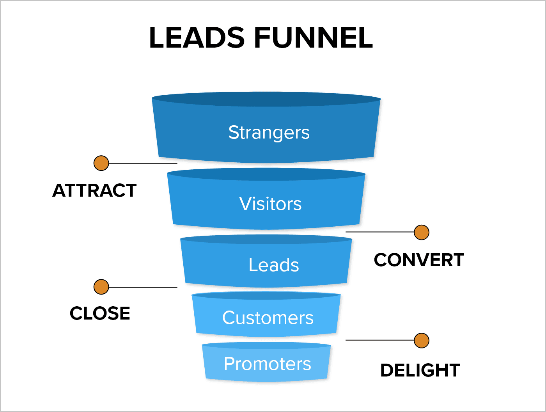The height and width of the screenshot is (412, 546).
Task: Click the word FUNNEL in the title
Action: click(x=314, y=38)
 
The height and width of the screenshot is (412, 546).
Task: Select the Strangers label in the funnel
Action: click(x=269, y=133)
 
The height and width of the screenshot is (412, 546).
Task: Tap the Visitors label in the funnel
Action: click(x=270, y=204)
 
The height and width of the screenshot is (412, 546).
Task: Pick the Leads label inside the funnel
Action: click(x=274, y=265)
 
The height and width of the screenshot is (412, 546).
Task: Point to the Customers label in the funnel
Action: click(x=268, y=318)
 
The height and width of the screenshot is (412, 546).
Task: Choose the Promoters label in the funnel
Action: click(x=268, y=364)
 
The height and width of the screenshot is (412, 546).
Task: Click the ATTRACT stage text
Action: click(x=94, y=191)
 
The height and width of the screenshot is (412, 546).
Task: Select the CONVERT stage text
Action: click(x=419, y=260)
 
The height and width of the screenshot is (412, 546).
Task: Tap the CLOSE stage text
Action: click(x=100, y=313)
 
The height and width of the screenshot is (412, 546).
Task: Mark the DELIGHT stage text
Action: click(x=420, y=370)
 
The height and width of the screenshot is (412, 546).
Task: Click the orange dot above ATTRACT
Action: click(x=101, y=163)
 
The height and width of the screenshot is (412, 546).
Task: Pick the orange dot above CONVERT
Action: click(x=422, y=232)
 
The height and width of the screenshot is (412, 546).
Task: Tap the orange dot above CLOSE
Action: click(x=101, y=287)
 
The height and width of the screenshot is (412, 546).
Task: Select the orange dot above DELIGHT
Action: click(x=422, y=340)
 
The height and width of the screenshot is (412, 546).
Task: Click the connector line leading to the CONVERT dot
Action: click(x=380, y=232)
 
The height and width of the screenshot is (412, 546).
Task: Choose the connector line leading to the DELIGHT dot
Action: click(x=380, y=340)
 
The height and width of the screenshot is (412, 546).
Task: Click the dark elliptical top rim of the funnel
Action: click(x=266, y=99)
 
